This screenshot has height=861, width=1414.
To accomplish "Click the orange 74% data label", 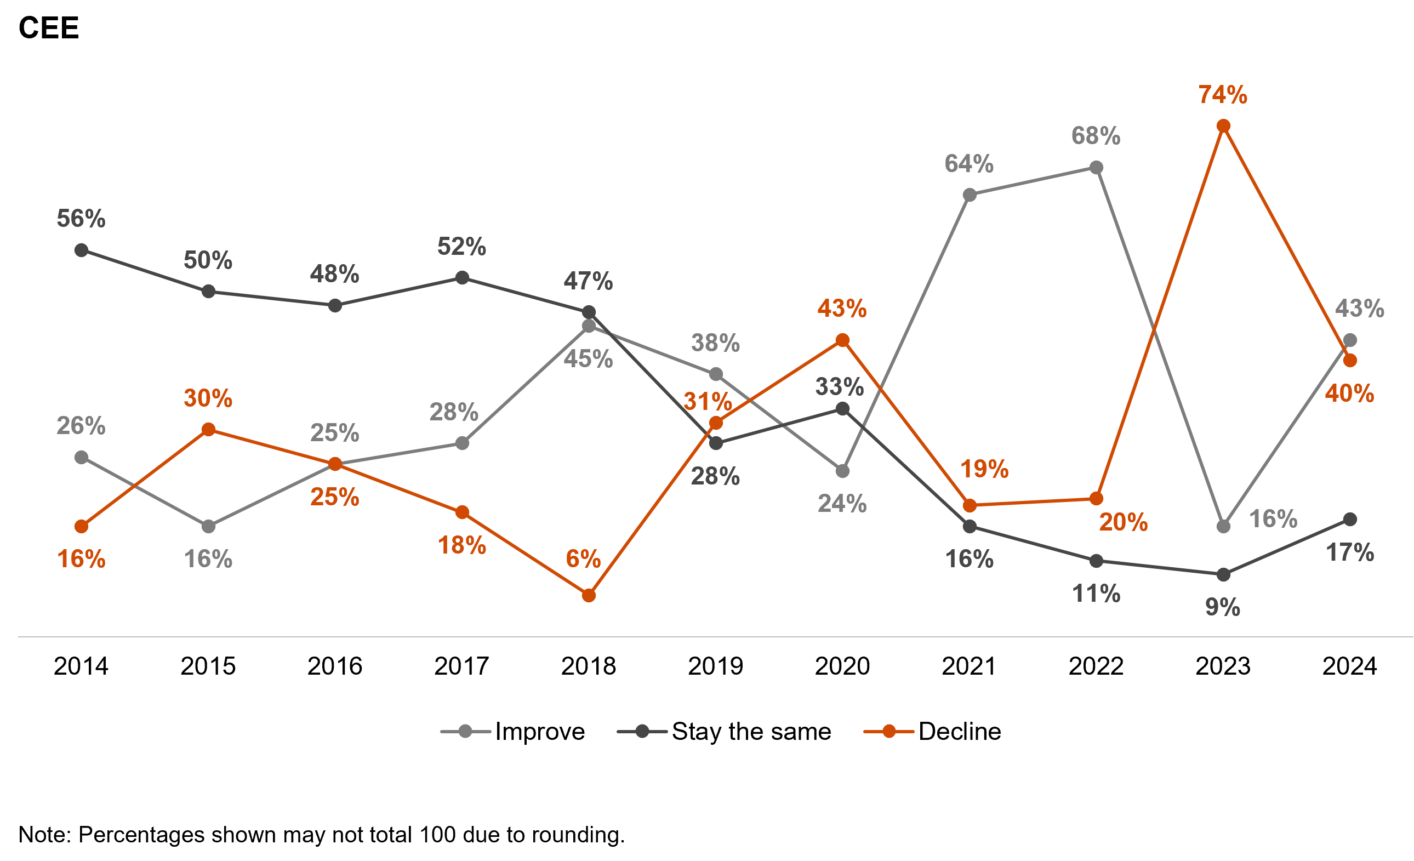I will tap(1222, 95).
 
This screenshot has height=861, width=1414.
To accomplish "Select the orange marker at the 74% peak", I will tap(1223, 126).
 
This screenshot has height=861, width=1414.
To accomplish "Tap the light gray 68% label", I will tap(1096, 136).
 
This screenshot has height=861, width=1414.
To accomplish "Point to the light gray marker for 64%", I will tap(970, 195).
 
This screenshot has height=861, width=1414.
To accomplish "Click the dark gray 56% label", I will tap(81, 219).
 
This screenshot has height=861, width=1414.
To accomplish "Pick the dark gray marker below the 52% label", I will tap(462, 278).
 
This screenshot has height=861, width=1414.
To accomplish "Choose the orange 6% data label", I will tap(583, 559).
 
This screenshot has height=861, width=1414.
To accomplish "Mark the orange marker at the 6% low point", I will tap(589, 596).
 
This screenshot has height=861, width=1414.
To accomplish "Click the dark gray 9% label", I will tap(1222, 607).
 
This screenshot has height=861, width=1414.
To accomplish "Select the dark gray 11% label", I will tap(1096, 594).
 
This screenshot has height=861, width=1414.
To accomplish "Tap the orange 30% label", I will tap(208, 399).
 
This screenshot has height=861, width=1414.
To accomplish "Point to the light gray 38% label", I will tap(715, 344).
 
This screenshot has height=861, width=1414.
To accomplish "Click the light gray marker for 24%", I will tap(842, 471).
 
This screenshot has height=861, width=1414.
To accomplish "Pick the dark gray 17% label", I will tap(1350, 553).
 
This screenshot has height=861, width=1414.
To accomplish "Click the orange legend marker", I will tap(889, 731).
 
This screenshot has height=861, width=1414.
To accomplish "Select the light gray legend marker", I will tap(465, 731).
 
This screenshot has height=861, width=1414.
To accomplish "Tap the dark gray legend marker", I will tap(642, 731).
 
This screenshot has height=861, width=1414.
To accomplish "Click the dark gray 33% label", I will tap(840, 387).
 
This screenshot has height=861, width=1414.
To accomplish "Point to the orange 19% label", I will tap(984, 470).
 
